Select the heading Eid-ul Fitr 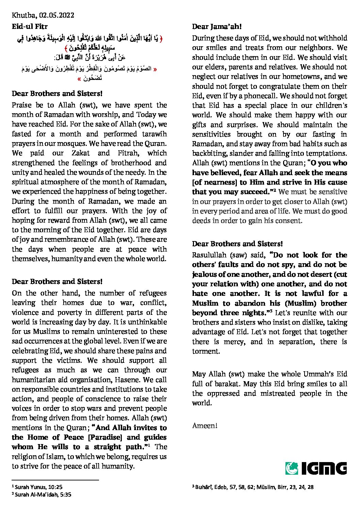click(x=30, y=27)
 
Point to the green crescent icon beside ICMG click(x=292, y=468)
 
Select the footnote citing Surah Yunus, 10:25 click(x=37, y=487)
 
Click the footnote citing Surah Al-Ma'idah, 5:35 click(x=42, y=495)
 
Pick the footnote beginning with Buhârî click(x=253, y=487)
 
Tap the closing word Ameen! click(x=204, y=426)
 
